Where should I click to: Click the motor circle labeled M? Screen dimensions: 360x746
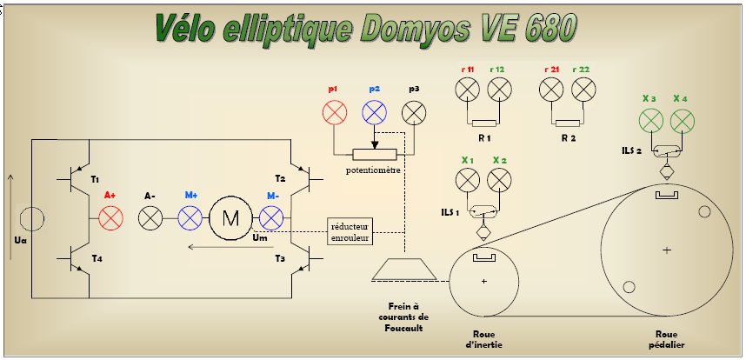230,217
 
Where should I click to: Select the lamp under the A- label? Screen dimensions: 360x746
151,217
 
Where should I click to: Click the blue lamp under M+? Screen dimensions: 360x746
190,217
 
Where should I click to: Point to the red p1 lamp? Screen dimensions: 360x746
336,112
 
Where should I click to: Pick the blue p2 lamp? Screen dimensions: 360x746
375,112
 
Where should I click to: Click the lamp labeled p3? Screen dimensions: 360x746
416,112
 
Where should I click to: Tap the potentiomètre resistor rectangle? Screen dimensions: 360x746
374,153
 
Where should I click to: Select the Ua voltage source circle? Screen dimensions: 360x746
32,218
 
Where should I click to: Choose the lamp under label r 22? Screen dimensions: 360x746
583,89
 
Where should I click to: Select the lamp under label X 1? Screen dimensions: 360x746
468,180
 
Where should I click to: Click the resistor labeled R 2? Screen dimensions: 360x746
568,123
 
